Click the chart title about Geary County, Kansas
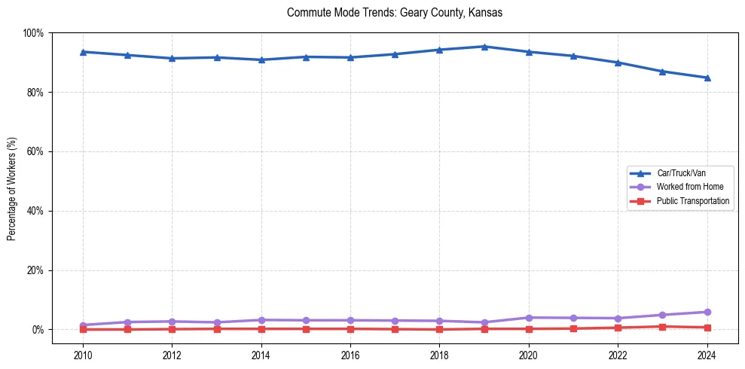pos(395,13)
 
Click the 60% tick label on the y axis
pos(34,151)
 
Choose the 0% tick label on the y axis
pos(37,330)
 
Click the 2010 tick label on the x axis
pos(83,355)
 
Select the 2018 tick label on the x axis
pos(439,355)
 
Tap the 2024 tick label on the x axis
pos(707,355)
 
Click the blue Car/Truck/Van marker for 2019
pos(484,47)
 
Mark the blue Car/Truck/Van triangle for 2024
pos(707,78)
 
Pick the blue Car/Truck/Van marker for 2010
pos(83,52)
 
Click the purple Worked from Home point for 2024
pos(707,312)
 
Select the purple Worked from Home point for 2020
pos(529,318)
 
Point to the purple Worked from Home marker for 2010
pos(83,325)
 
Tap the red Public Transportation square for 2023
pos(662,327)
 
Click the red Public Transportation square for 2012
pos(172,329)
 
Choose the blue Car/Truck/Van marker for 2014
pos(261,59)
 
